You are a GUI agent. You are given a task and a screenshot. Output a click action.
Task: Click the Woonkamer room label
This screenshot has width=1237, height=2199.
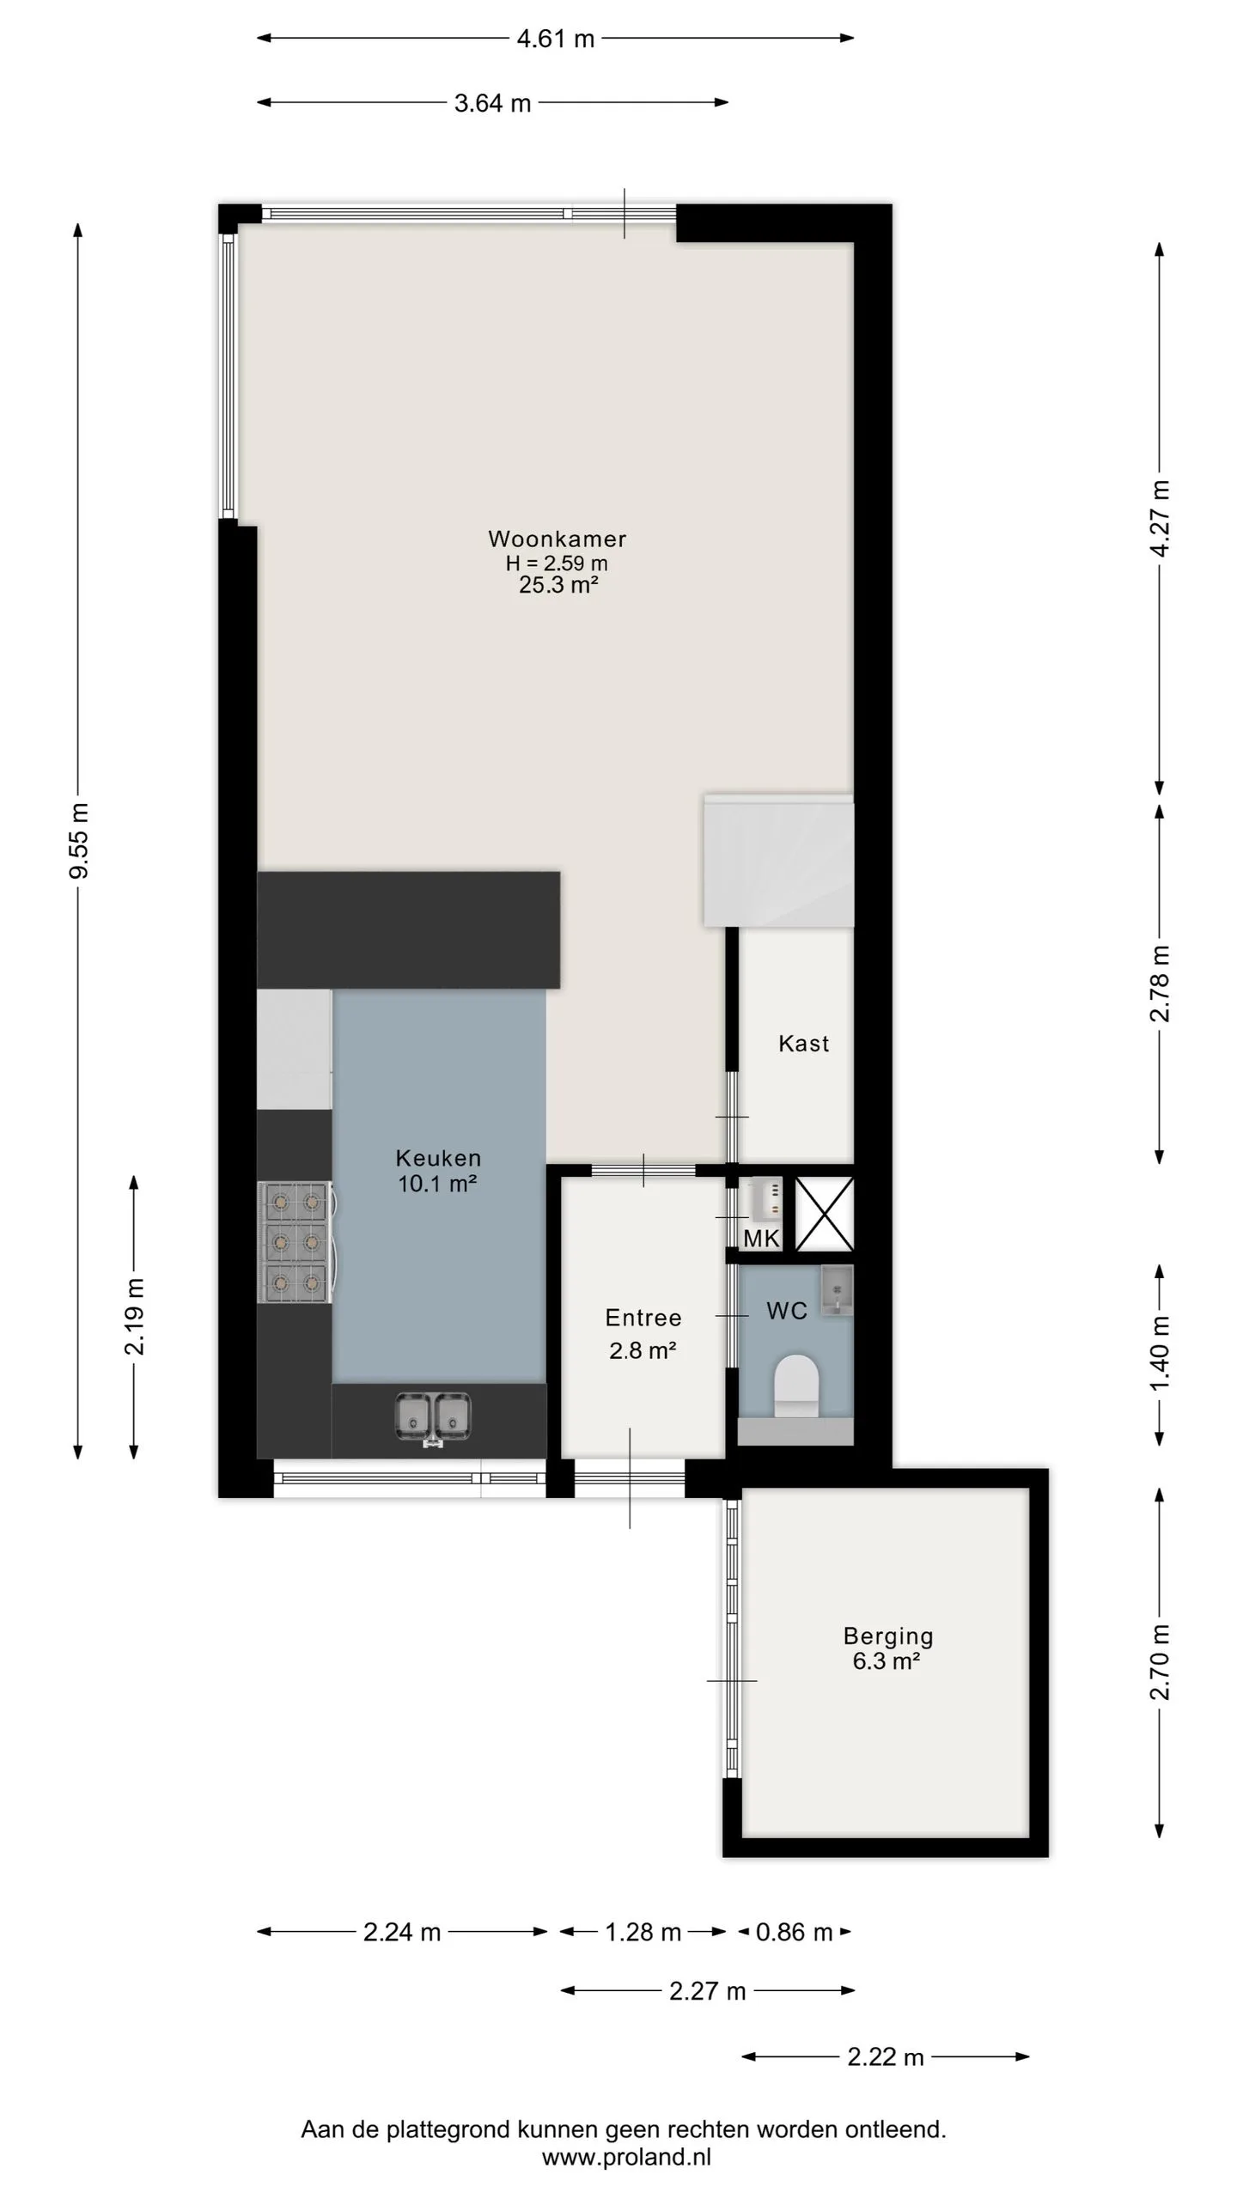[557, 539]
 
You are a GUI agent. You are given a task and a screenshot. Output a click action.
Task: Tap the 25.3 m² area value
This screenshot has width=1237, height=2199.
[558, 585]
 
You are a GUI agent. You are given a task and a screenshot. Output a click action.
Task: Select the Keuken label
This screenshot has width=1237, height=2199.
[438, 1158]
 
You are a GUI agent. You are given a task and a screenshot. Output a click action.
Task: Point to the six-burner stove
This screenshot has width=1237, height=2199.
[295, 1242]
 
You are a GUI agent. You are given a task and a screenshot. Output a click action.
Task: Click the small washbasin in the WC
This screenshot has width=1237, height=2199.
[836, 1291]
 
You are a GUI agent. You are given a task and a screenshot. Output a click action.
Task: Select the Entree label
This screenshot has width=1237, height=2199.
[643, 1318]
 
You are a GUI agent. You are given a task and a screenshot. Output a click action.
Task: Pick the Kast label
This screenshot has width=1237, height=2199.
[804, 1044]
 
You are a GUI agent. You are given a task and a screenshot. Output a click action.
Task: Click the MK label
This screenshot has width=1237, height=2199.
[761, 1239]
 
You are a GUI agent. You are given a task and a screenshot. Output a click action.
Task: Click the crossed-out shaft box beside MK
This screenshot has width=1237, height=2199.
[824, 1214]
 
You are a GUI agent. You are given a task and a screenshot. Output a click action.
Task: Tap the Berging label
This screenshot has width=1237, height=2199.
[888, 1636]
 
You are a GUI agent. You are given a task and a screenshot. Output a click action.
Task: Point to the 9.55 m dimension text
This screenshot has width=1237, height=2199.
[79, 841]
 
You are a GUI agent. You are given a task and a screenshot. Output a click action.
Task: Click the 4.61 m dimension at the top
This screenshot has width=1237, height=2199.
[556, 39]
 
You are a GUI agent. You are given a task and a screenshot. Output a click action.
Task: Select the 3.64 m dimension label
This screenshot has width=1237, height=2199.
[493, 103]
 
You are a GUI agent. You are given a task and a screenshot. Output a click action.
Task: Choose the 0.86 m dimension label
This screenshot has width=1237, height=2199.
[795, 1933]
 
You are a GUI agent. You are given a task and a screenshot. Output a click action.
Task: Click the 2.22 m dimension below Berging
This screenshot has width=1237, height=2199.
[886, 2057]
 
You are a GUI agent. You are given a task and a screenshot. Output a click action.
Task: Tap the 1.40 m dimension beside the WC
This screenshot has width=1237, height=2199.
[1160, 1354]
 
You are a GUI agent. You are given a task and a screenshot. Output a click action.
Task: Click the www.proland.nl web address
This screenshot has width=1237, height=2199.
[626, 2157]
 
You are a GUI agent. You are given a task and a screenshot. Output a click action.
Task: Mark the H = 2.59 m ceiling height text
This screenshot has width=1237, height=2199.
[557, 563]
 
